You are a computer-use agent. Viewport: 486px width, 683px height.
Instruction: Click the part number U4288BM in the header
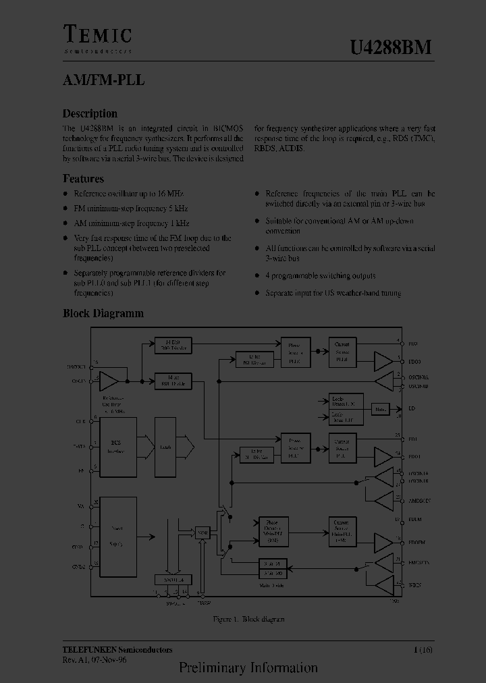pyautogui.click(x=390, y=47)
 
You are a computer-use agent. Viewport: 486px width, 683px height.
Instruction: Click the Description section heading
pyautogui.click(x=90, y=113)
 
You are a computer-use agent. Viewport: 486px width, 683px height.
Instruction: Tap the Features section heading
pyautogui.click(x=83, y=179)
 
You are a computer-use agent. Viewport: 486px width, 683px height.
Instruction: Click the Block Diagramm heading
pyautogui.click(x=103, y=313)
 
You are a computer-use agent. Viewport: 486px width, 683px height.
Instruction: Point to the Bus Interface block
pyautogui.click(x=115, y=446)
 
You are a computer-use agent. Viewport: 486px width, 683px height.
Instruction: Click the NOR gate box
pyautogui.click(x=202, y=532)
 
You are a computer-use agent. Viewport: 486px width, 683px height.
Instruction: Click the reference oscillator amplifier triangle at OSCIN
pyautogui.click(x=108, y=381)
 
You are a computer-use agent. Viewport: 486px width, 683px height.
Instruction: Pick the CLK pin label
pyautogui.click(x=81, y=422)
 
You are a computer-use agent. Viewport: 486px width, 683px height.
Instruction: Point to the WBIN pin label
pyautogui.click(x=414, y=585)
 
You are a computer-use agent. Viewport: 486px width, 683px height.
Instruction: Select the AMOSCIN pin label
pyautogui.click(x=419, y=501)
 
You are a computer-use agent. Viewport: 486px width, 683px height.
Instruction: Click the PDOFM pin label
pyautogui.click(x=417, y=542)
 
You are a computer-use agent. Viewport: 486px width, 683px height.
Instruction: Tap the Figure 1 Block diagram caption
pyautogui.click(x=248, y=619)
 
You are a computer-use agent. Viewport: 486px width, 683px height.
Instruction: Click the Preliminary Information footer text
pyautogui.click(x=248, y=668)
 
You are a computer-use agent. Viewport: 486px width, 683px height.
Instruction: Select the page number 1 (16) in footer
pyautogui.click(x=423, y=650)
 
